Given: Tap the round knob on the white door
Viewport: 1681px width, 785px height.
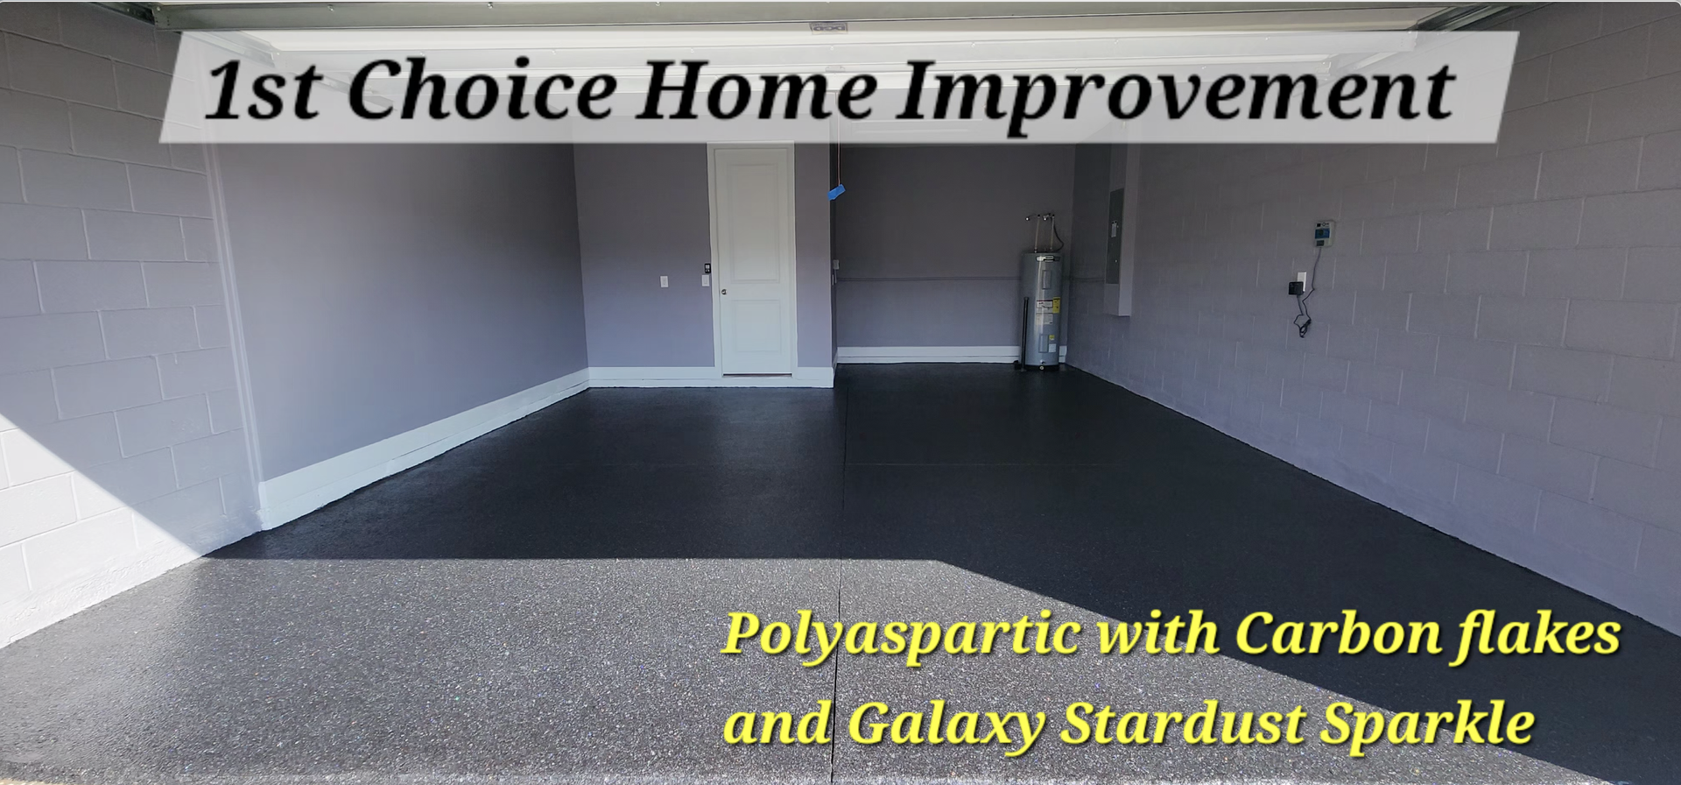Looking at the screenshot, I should point(723,292).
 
